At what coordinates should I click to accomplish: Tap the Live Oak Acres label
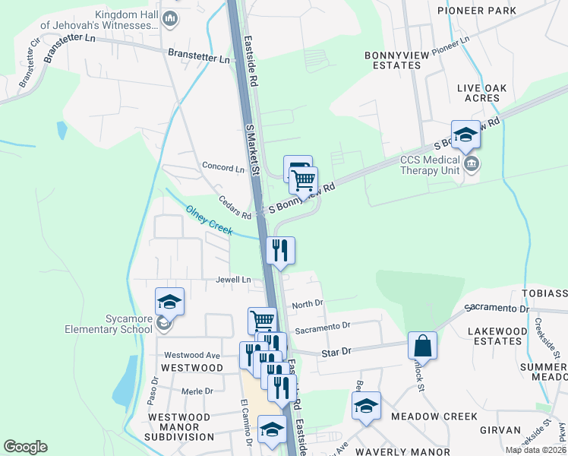pyautogui.click(x=489, y=93)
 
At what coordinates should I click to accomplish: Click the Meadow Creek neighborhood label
pyautogui.click(x=434, y=416)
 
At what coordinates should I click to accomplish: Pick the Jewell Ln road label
pyautogui.click(x=233, y=280)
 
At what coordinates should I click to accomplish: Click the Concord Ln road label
pyautogui.click(x=223, y=166)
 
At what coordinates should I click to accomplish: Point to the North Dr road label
pyautogui.click(x=308, y=303)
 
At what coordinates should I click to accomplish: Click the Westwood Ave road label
pyautogui.click(x=191, y=355)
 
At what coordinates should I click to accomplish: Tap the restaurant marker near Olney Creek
pyautogui.click(x=280, y=250)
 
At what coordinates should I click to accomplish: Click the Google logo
pyautogui.click(x=25, y=447)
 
